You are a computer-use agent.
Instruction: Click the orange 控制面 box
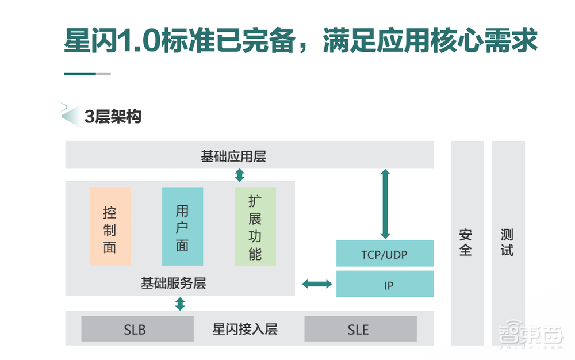(110, 227)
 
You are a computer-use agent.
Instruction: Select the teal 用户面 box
(182, 227)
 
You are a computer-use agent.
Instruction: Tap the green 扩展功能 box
(255, 227)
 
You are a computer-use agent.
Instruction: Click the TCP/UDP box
(385, 254)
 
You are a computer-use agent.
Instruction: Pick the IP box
(385, 284)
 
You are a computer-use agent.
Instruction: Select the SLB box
(137, 329)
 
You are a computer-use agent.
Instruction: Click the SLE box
(360, 329)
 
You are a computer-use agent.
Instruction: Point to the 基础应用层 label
(233, 156)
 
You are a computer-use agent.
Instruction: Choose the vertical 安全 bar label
(466, 243)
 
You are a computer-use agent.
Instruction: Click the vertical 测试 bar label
(508, 243)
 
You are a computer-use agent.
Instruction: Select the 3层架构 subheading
(113, 116)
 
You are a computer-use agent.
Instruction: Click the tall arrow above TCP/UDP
(385, 204)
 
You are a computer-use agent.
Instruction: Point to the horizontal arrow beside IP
(317, 284)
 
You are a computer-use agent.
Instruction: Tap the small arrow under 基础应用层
(240, 175)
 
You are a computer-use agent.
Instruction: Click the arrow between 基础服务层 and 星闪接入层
(180, 304)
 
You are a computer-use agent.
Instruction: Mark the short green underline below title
(80, 74)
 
